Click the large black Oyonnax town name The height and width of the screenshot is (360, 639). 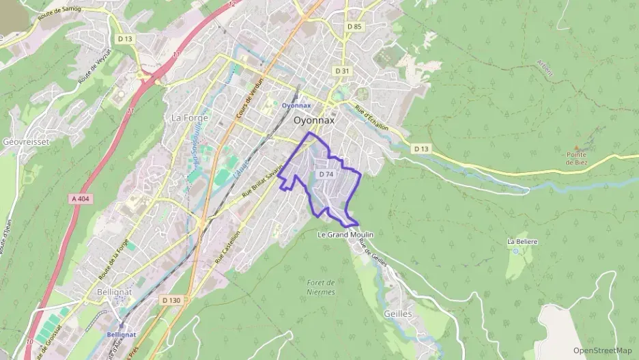[x=314, y=120]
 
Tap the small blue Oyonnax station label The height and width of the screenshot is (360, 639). [x=296, y=105]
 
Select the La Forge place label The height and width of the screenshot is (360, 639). [x=185, y=117]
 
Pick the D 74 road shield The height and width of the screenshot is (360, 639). [x=326, y=174]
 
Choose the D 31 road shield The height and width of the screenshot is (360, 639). [x=342, y=71]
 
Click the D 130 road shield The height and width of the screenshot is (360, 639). [x=171, y=300]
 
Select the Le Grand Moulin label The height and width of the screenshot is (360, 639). [x=346, y=234]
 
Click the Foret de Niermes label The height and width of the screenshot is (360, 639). [x=320, y=287]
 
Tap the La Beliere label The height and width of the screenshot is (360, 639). [x=522, y=242]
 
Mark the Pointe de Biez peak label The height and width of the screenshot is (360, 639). [x=576, y=158]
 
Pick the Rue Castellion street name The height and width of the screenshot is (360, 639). [x=227, y=247]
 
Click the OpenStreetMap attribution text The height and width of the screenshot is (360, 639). [x=602, y=350]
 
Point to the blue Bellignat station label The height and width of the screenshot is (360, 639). [x=122, y=335]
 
